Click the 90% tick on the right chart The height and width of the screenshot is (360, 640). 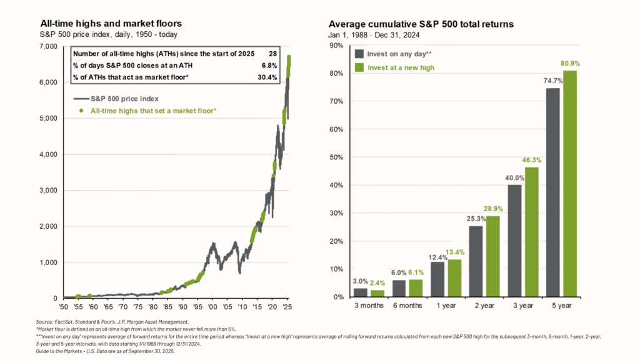pos(337,46)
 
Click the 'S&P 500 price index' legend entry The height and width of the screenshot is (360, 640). pos(125,98)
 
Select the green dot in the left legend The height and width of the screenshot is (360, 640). pos(81,110)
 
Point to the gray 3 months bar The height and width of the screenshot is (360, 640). pos(361,292)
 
